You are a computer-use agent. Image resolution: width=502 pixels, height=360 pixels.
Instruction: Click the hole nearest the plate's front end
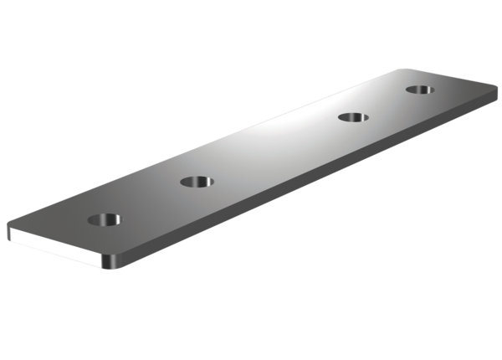(x=105, y=220)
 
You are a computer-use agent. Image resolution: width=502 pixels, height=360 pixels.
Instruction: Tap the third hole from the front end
(x=353, y=116)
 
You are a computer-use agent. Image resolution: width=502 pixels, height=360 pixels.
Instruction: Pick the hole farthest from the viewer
(x=420, y=89)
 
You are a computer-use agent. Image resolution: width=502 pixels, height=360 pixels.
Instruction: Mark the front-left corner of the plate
(x=8, y=228)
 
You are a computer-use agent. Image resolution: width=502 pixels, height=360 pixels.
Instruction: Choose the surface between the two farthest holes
(x=387, y=102)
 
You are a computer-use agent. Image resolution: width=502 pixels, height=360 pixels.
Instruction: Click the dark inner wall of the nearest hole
(x=102, y=217)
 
